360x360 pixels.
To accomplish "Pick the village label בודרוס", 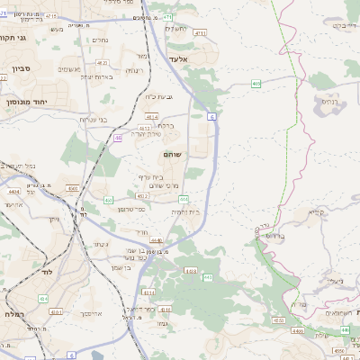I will tap(274, 236).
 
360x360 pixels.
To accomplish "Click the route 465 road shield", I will tap(256, 83).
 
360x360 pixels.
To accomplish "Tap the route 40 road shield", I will tap(118, 138).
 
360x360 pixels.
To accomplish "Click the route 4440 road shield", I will tap(157, 240).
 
